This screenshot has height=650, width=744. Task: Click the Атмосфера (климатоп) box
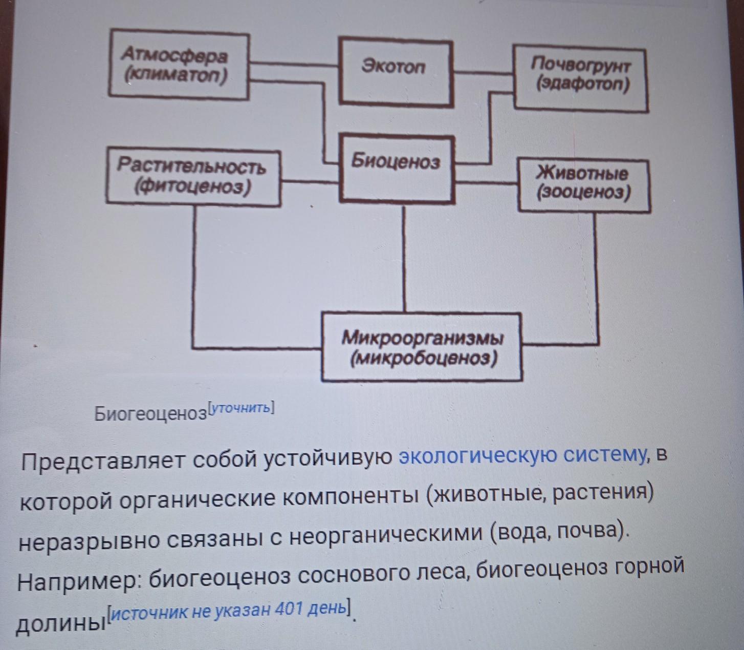click(x=179, y=66)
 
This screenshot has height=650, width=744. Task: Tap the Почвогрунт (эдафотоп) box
click(x=580, y=78)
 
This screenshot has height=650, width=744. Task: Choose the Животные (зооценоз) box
click(x=584, y=185)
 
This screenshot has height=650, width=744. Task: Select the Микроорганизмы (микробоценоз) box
click(x=422, y=347)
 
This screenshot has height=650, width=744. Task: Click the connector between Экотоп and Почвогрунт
click(x=483, y=73)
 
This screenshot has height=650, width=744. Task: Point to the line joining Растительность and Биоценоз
click(x=310, y=182)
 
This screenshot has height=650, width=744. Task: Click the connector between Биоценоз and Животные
click(x=486, y=182)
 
